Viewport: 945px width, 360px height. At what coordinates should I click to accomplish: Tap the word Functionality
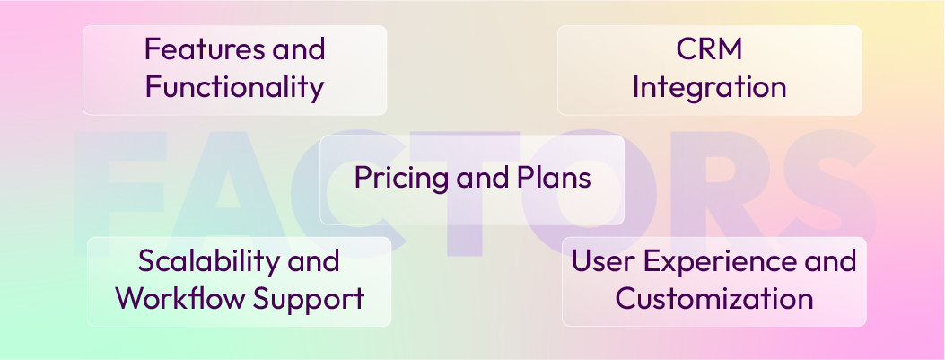234,88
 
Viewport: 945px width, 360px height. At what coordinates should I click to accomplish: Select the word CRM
709,48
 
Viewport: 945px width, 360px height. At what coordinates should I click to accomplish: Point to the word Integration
709,88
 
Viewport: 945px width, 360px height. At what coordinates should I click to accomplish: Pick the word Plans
553,178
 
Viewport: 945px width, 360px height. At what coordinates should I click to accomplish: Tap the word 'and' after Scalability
311,261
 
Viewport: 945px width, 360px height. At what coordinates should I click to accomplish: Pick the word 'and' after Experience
831,261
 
